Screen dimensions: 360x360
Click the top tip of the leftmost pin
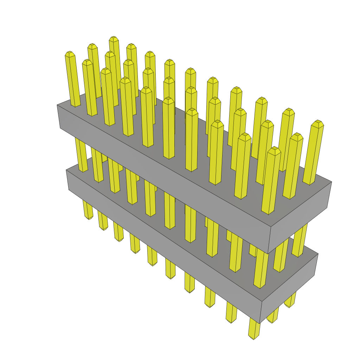click(x=70, y=53)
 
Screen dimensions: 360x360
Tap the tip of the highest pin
click(x=113, y=38)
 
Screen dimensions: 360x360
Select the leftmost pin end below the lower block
click(x=88, y=217)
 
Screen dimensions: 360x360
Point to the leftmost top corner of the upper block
click(x=57, y=105)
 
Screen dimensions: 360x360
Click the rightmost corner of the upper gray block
click(x=332, y=182)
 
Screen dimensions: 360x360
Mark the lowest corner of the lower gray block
click(x=259, y=323)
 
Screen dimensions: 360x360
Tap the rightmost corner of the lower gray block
click(x=318, y=254)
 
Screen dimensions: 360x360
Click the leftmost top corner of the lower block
click(x=66, y=170)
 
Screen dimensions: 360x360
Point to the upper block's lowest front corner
click(x=268, y=253)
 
